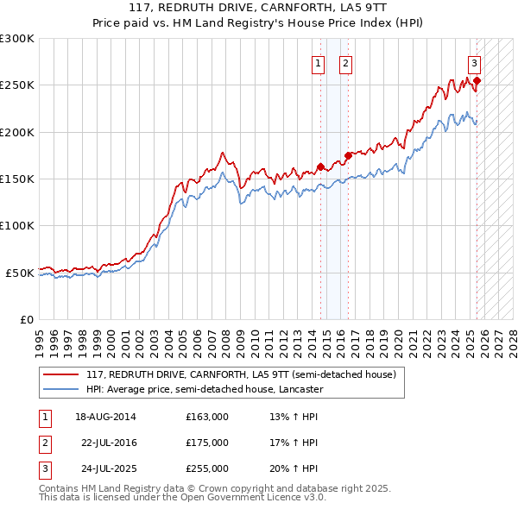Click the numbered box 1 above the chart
pos(319,63)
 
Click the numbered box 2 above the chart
pos(345,63)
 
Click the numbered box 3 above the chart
pos(475,63)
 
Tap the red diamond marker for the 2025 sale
pos(477,81)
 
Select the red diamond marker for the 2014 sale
pos(320,167)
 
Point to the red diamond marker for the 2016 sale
pos(348,155)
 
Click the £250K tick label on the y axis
pos(17,85)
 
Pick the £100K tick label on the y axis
pos(17,225)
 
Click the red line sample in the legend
pos(60,375)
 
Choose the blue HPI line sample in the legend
pos(60,390)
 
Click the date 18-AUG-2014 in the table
pos(105,418)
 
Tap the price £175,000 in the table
pos(207,443)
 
